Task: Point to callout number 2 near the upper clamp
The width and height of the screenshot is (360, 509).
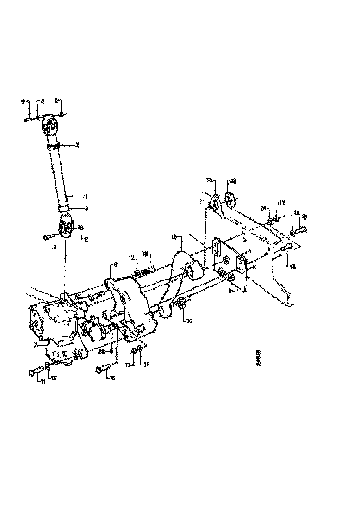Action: click(x=78, y=145)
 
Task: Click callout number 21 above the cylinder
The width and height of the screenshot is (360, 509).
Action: click(x=93, y=317)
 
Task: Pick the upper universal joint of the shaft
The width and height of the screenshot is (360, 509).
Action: click(x=50, y=124)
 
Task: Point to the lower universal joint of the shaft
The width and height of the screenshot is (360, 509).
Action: click(x=67, y=227)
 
